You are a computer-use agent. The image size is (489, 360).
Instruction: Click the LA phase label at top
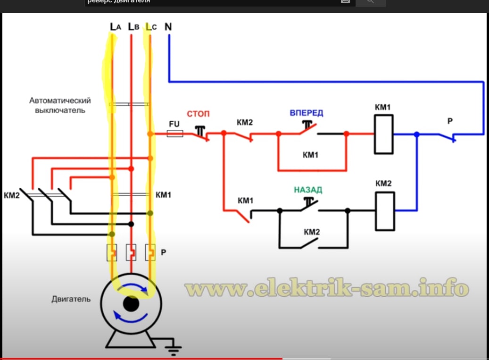coord(115,26)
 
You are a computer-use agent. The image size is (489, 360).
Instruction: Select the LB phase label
coord(133,26)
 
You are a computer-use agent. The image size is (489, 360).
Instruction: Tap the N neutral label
coord(168,26)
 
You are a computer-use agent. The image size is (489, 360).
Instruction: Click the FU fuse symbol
coord(175,134)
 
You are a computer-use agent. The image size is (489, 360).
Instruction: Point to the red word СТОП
coord(198,114)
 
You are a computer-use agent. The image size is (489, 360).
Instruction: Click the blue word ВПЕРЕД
coord(307,113)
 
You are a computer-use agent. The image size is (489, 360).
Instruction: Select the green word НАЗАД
coord(308,190)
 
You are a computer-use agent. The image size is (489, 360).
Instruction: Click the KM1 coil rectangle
coord(384,134)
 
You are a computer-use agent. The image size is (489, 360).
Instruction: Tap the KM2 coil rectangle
coord(385,211)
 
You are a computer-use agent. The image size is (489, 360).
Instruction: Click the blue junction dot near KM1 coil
coord(416,134)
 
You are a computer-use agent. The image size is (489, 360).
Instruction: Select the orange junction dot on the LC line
coord(150,134)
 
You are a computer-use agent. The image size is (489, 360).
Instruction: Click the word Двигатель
coord(72,299)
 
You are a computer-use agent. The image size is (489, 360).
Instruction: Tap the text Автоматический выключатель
coord(60,106)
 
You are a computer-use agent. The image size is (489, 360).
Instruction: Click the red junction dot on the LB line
coord(131,168)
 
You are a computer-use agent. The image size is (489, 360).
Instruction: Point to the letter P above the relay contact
coord(450,121)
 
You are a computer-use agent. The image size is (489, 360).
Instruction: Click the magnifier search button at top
coord(370,1)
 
